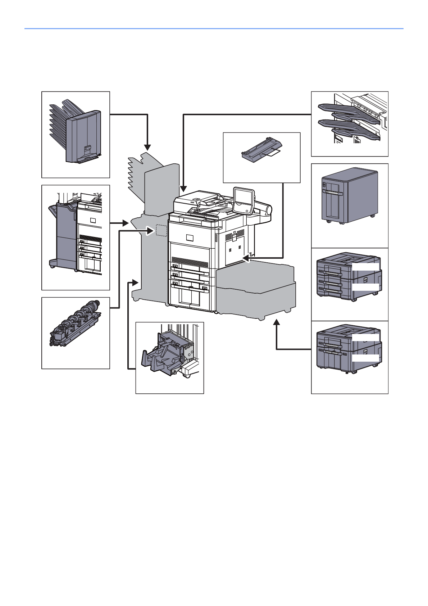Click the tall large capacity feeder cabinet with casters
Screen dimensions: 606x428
(x=349, y=196)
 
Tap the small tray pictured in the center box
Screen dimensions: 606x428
(x=262, y=149)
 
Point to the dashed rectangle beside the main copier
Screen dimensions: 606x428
(x=161, y=230)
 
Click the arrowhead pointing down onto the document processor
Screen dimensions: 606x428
(x=183, y=189)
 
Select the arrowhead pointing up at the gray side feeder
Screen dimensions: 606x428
(x=276, y=322)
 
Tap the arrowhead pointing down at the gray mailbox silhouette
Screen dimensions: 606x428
(x=147, y=148)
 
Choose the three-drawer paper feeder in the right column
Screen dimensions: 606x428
(x=348, y=276)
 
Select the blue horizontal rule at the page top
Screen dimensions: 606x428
(x=214, y=28)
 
